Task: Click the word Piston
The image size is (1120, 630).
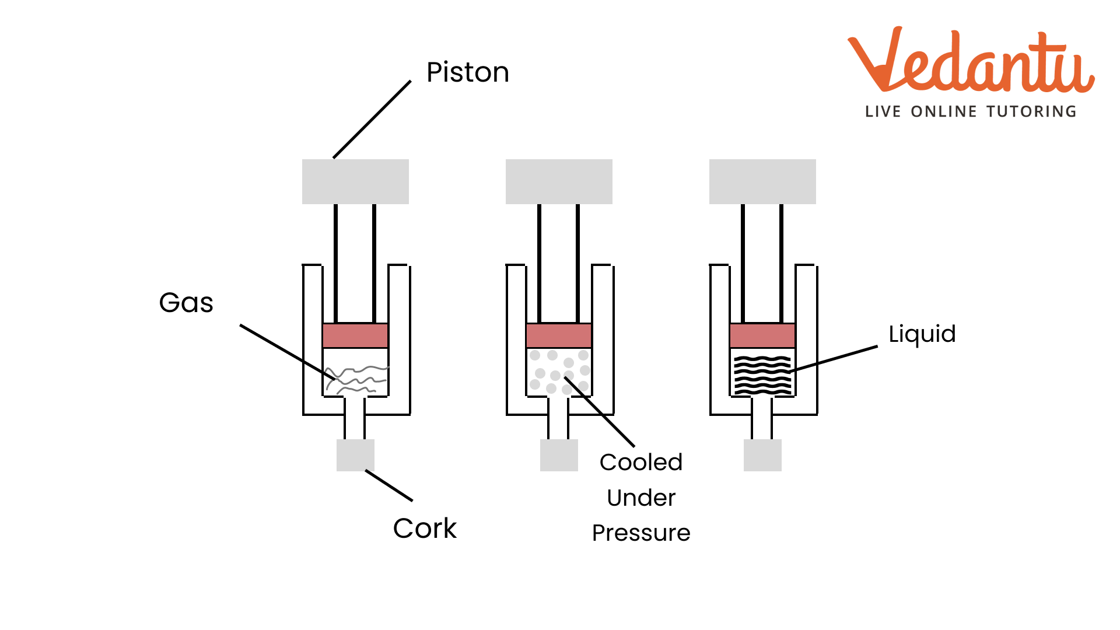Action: tap(467, 72)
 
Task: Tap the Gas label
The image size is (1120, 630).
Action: tap(186, 303)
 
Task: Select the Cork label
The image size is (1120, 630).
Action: tap(425, 528)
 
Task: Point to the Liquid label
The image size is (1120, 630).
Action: tap(922, 334)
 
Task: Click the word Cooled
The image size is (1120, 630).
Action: tap(640, 463)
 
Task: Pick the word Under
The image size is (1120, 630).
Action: tap(640, 498)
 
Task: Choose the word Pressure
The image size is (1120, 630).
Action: tap(640, 533)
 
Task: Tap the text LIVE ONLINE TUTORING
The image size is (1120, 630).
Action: tap(971, 111)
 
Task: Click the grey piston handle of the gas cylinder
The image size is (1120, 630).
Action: tap(355, 181)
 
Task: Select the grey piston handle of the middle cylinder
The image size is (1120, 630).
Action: tap(559, 181)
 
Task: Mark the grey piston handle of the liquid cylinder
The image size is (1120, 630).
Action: tap(762, 181)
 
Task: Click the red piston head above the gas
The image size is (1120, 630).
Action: tap(355, 335)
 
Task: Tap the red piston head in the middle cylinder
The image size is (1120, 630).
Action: tap(559, 335)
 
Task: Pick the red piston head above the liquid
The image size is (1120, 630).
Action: tap(762, 335)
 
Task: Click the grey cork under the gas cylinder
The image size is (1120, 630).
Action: tap(355, 455)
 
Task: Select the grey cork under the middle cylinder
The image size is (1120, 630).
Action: tap(559, 455)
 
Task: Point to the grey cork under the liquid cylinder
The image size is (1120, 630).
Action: tap(762, 455)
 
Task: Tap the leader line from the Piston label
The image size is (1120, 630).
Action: tap(372, 120)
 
